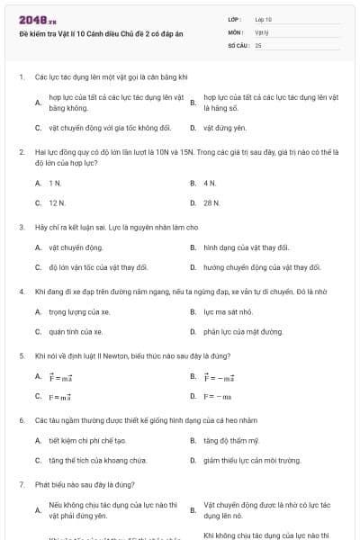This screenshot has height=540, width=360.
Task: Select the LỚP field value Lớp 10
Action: point(264,19)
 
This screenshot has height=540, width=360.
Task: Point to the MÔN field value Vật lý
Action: point(262,31)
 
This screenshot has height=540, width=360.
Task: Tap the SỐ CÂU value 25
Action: point(258,44)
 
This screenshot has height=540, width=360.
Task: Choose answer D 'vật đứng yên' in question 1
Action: point(225,129)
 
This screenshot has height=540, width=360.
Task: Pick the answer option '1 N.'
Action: point(55,183)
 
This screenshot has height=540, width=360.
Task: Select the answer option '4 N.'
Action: point(211,183)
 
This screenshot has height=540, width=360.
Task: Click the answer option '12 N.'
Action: point(57,203)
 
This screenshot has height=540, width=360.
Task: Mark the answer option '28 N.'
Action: point(211,203)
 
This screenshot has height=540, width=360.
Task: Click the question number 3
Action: point(21,227)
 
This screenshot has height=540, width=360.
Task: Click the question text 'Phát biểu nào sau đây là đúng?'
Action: point(77,484)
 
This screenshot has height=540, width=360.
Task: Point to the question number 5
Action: point(21,355)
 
